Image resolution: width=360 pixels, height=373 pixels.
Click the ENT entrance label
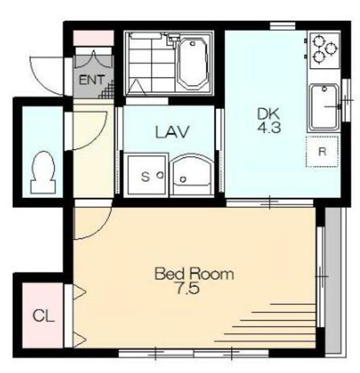pos(92,80)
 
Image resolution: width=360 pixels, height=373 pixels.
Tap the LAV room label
pos(172,132)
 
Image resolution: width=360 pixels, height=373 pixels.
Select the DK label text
pos(268,114)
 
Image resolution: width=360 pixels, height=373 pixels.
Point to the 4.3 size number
pos(269,128)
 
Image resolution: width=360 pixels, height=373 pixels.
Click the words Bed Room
pos(194,274)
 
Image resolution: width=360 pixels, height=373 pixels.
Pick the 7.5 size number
pos(187,288)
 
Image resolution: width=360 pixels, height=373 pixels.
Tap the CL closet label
pos(43,316)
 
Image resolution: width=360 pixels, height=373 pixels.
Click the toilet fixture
pos(43,172)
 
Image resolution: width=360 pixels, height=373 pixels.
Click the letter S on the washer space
pos(145,177)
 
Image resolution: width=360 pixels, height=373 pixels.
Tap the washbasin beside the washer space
pos(192,175)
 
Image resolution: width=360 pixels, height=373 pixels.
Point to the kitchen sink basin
pos(324,107)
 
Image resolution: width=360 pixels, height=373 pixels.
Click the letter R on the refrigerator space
pos(322,152)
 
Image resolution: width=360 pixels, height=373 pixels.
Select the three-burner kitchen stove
pos(324,51)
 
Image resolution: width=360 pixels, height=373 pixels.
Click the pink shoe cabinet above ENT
pos(93,38)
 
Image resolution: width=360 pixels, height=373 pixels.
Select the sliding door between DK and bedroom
pos(270,202)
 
